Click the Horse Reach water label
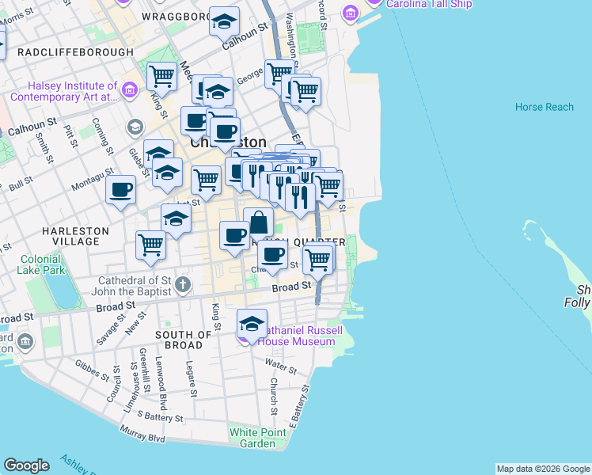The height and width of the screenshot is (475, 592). click(544, 107)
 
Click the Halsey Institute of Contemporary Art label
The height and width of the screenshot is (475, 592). click(72, 91)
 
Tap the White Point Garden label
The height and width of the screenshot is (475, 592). click(252, 438)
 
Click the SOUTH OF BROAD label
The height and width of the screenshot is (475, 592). click(184, 340)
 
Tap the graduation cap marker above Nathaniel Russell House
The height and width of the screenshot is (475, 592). click(252, 322)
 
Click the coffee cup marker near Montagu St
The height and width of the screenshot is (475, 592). click(121, 190)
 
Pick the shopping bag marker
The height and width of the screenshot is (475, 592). click(258, 222)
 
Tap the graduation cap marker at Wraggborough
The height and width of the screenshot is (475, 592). click(224, 21)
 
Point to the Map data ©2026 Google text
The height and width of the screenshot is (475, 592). click(542, 469)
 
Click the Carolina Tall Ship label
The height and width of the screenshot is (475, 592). click(428, 4)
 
